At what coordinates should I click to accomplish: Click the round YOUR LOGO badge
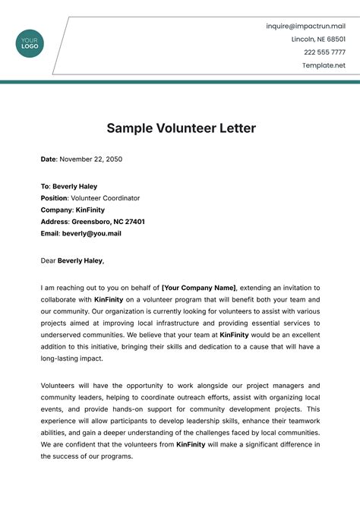(30, 43)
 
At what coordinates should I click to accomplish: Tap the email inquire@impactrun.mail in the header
(305, 26)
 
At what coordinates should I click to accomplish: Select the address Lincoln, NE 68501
(318, 39)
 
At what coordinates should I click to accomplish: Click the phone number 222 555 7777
(324, 52)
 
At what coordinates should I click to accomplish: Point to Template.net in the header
(324, 65)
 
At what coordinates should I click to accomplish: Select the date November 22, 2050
(91, 159)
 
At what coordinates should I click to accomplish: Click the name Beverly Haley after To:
(74, 186)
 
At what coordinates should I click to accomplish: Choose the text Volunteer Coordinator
(106, 198)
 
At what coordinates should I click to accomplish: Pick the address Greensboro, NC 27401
(109, 222)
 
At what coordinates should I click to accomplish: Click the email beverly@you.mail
(92, 233)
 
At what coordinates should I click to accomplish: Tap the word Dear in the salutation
(48, 260)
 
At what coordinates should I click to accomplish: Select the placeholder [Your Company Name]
(199, 288)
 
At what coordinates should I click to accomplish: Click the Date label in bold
(48, 159)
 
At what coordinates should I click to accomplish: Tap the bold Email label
(50, 233)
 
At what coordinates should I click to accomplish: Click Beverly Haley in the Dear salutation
(80, 260)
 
